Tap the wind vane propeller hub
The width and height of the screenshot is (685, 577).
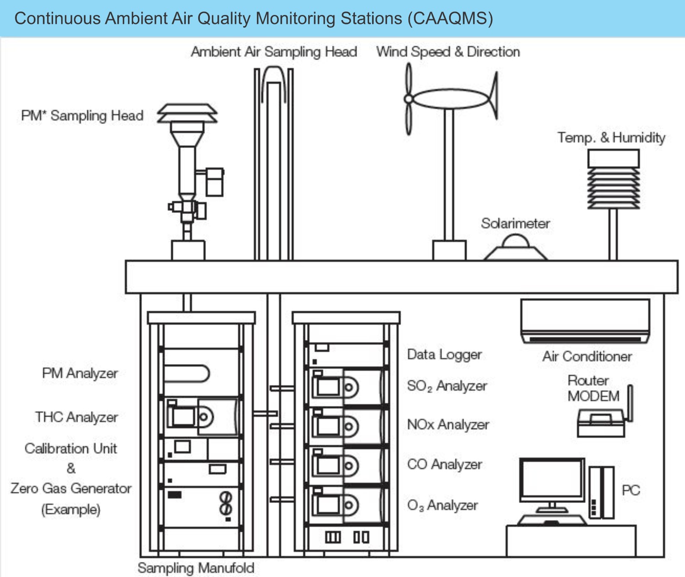tap(408, 99)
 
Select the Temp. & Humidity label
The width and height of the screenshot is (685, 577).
tap(611, 138)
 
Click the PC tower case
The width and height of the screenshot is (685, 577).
tap(601, 492)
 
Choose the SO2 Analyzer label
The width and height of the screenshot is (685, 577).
tap(447, 386)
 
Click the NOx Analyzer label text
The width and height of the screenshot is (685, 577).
tap(448, 425)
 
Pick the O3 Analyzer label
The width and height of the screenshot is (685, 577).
tap(442, 506)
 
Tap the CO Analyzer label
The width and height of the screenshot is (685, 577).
tap(444, 465)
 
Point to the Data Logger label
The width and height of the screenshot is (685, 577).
tap(444, 355)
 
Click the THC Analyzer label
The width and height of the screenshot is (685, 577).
tap(77, 417)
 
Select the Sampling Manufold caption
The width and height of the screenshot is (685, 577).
tap(196, 568)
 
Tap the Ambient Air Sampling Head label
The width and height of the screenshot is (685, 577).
tap(274, 52)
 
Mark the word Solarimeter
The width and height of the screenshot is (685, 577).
tap(515, 223)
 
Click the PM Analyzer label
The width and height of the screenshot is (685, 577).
tap(80, 373)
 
